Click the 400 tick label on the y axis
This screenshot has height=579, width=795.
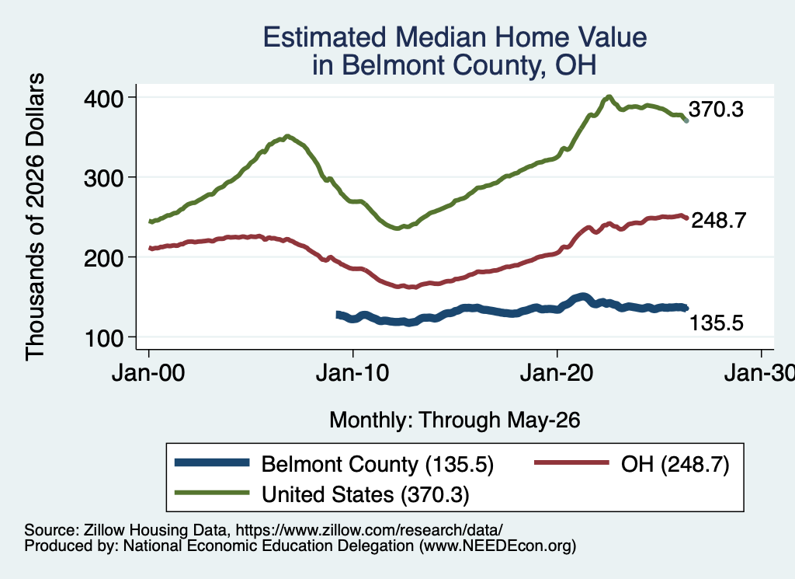coord(103,98)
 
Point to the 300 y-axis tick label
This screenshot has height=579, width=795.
coord(103,178)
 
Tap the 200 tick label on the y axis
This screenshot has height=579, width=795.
coord(103,258)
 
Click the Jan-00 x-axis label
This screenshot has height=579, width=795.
coord(148,373)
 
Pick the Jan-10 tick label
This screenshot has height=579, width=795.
coord(352,373)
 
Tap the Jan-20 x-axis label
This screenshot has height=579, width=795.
coord(557,373)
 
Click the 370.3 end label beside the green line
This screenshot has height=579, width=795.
coord(716,110)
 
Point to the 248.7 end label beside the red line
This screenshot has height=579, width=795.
coord(719,220)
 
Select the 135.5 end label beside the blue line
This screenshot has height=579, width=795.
coord(717,323)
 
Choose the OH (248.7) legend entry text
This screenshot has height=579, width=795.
coord(675,464)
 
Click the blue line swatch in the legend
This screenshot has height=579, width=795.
coord(212,462)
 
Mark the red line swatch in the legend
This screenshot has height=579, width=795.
coord(571,462)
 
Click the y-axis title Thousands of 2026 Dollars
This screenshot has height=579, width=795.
coord(35,217)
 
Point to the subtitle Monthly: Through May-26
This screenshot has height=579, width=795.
coord(455,420)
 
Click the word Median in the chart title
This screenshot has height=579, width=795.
coord(441,37)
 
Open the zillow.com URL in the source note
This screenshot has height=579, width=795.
coord(369,530)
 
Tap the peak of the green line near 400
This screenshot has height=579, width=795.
coord(609,96)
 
